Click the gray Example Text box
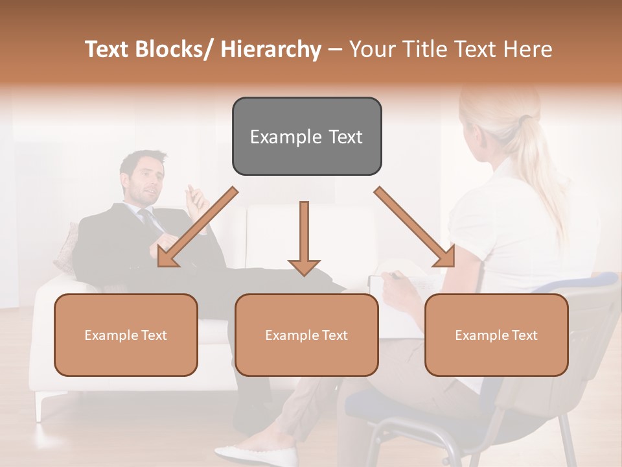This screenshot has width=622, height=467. [306, 136]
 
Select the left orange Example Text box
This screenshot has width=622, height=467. [126, 335]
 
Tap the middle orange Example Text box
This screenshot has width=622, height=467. [306, 335]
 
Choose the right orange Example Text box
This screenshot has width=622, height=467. [496, 335]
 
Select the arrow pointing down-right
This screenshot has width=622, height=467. [415, 227]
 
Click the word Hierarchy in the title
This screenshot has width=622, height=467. [271, 49]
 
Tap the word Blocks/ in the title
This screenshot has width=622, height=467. [176, 49]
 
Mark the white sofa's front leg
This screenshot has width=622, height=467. [42, 405]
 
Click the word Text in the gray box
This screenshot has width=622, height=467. [340, 137]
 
